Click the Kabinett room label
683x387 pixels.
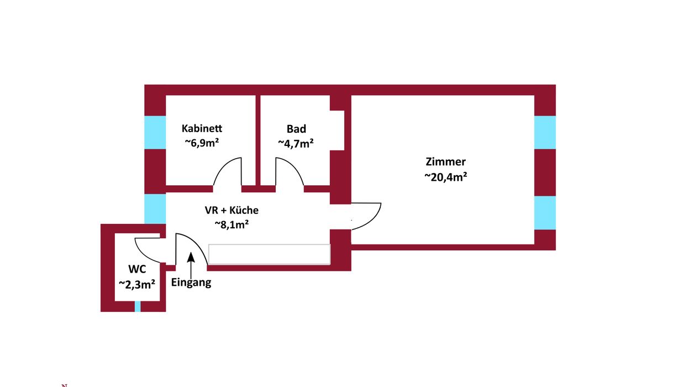pyautogui.click(x=202, y=128)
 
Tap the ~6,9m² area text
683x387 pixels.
pyautogui.click(x=202, y=143)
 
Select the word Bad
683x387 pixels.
pyautogui.click(x=296, y=129)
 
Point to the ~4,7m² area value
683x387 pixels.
pyautogui.click(x=296, y=143)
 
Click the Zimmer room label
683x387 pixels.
pyautogui.click(x=446, y=161)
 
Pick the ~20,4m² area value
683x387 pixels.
pyautogui.click(x=446, y=176)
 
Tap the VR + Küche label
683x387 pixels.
pyautogui.click(x=232, y=210)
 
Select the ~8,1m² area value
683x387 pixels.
pyautogui.click(x=232, y=224)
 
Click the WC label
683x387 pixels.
pyautogui.click(x=137, y=269)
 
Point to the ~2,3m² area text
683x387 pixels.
pyautogui.click(x=137, y=284)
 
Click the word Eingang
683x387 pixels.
pyautogui.click(x=191, y=283)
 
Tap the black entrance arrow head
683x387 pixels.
pyautogui.click(x=191, y=257)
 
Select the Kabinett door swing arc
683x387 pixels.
pyautogui.click(x=227, y=171)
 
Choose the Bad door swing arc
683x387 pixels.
pyautogui.click(x=290, y=171)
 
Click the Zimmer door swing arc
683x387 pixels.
pyautogui.click(x=366, y=216)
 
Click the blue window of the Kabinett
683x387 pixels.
pyautogui.click(x=155, y=132)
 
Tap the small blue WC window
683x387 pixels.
pyautogui.click(x=138, y=306)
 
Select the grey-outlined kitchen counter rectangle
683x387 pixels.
pyautogui.click(x=270, y=254)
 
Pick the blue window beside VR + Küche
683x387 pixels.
pyautogui.click(x=155, y=209)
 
